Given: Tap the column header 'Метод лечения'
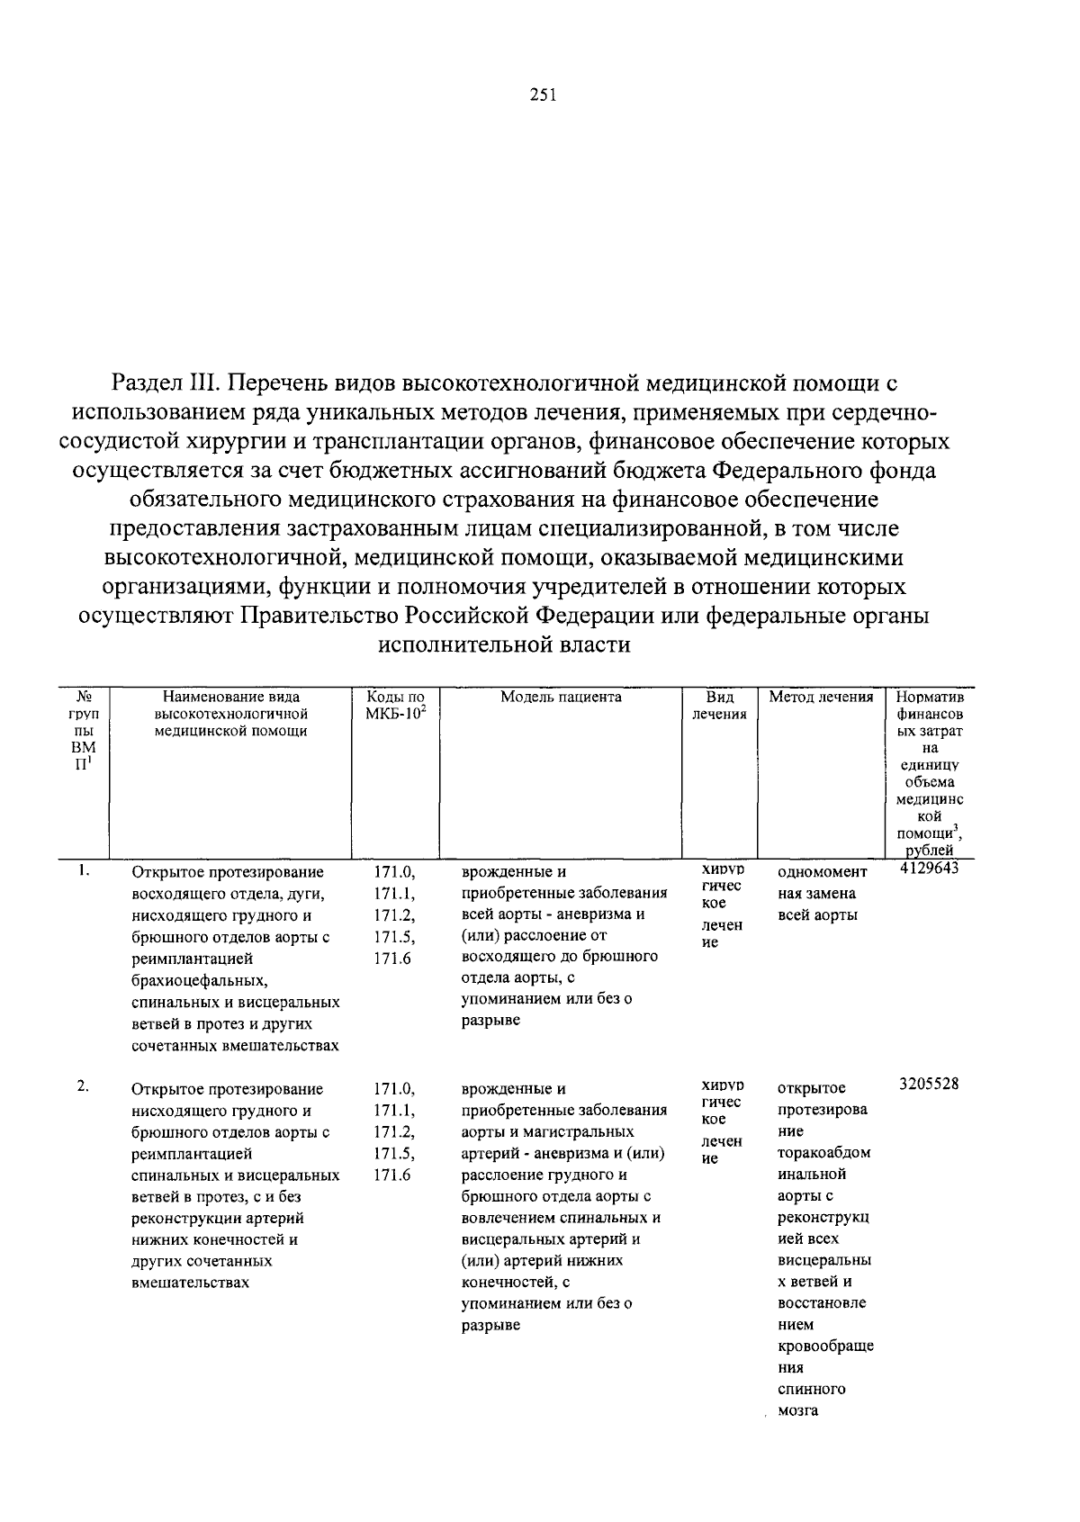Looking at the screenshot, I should tap(821, 697).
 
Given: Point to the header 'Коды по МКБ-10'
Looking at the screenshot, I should tap(395, 705).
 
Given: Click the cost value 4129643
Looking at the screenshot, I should tap(929, 868).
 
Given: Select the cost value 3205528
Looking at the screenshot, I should tap(929, 1084).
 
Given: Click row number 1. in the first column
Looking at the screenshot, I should tap(83, 869).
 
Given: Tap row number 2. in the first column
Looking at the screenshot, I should tap(83, 1085).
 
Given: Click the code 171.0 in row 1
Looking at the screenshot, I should tap(394, 872).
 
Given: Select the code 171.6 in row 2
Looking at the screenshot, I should tap(392, 1175).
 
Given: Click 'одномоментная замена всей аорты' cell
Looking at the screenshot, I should tap(822, 894).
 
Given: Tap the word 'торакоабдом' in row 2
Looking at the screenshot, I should tap(823, 1153).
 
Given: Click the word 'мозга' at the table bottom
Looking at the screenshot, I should tap(797, 1410).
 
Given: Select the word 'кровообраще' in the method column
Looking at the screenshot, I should tap(825, 1346).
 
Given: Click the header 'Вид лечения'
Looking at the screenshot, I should tap(719, 705).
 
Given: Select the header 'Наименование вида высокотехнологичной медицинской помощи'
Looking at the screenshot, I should tap(231, 713).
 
